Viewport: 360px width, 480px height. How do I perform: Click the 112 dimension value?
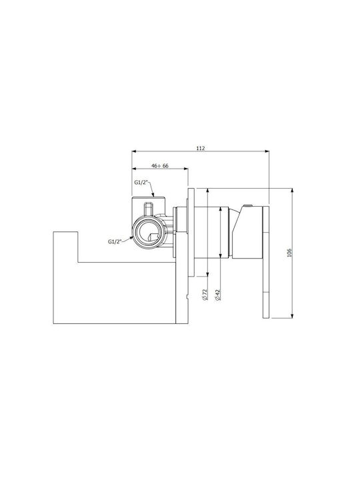tap(200, 148)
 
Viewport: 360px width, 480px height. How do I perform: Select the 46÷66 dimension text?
tap(160, 165)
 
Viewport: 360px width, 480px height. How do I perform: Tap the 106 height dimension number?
tap(290, 253)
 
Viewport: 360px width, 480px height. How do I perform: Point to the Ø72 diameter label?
tap(205, 294)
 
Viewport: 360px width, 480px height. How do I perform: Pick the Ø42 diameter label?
tap(217, 295)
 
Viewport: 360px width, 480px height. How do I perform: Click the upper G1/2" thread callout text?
tap(141, 183)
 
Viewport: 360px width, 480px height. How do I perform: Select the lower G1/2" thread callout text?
tap(115, 241)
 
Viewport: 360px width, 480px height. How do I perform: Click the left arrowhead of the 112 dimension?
tap(134, 151)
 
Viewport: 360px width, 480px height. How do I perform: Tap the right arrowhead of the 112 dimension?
tap(267, 151)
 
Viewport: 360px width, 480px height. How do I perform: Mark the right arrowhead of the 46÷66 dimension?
tap(185, 168)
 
